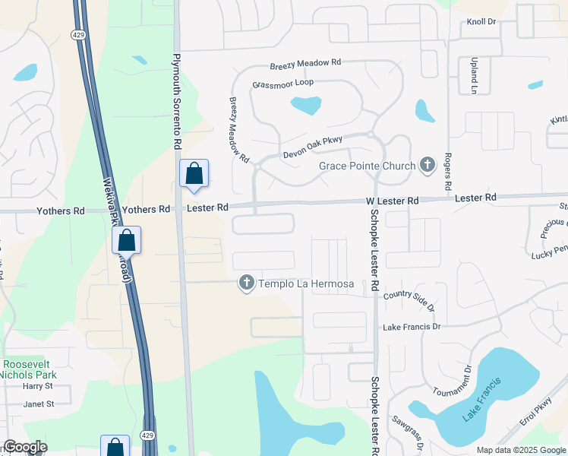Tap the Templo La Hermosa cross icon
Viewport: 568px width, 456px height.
(246, 283)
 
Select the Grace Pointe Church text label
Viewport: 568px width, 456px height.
(367, 166)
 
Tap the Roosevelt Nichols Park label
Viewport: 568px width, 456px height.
(29, 369)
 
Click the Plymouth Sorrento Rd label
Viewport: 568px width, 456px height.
(177, 100)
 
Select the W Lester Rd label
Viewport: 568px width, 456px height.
(393, 200)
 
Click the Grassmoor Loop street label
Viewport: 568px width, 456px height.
(282, 84)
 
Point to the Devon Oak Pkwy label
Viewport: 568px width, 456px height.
(311, 144)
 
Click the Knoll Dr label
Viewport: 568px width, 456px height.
(481, 22)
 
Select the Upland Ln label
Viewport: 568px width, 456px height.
(473, 75)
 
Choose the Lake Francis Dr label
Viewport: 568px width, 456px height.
(412, 327)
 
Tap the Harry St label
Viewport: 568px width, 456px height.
(36, 386)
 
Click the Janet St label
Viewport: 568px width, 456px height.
(38, 404)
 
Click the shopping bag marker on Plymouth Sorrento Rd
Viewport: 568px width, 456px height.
(194, 173)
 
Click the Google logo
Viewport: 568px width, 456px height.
(25, 447)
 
